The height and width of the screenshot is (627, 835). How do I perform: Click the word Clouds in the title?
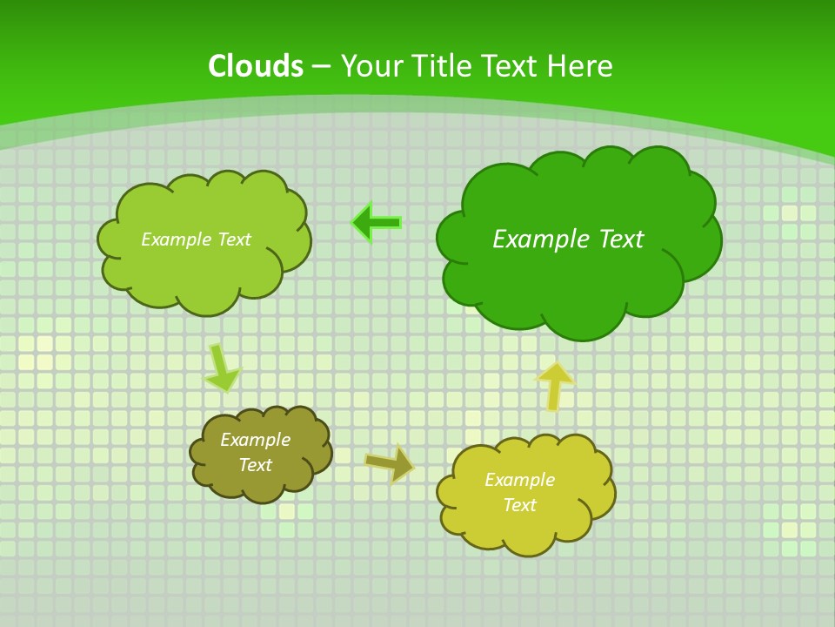256,66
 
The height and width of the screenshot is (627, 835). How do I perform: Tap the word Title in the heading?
441,66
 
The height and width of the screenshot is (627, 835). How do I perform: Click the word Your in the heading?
371,66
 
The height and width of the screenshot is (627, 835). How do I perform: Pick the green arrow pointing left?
377,223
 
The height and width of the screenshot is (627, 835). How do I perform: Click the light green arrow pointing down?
221,367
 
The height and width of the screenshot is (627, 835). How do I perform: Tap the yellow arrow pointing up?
554,385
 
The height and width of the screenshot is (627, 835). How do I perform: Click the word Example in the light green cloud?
176,239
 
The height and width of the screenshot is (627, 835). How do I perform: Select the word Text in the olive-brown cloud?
255,465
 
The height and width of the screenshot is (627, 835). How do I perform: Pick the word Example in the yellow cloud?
519,480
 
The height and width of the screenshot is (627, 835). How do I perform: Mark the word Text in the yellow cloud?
519,505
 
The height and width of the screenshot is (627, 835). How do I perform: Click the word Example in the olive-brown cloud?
255,440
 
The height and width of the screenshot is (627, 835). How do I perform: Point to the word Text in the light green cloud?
232,239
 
